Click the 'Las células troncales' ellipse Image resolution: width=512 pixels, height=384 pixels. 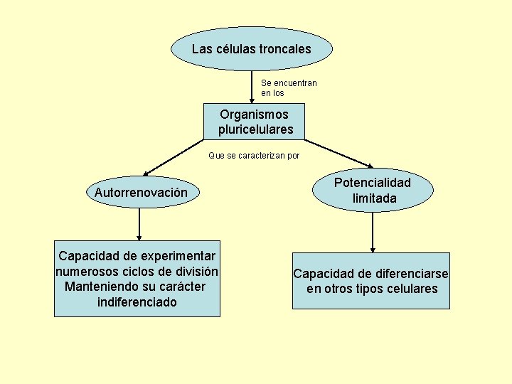(251, 49)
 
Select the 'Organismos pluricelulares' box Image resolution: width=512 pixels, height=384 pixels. (255, 122)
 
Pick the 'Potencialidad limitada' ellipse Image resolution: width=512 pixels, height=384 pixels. (372, 191)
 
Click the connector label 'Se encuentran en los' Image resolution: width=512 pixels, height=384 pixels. (289, 88)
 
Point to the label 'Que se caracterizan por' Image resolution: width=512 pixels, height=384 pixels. (254, 156)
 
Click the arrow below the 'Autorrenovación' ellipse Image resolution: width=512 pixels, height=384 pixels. (139, 224)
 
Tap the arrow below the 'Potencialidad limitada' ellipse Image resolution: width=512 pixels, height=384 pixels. (372, 232)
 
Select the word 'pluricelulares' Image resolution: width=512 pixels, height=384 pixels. (255, 130)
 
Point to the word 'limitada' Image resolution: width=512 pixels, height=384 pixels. (374, 199)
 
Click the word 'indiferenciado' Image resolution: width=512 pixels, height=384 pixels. (137, 302)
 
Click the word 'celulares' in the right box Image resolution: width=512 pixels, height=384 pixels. (411, 289)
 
